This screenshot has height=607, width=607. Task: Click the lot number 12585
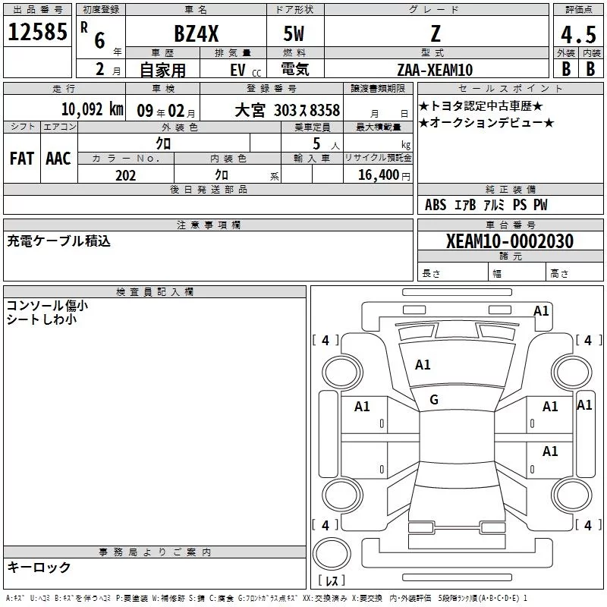(x=37, y=31)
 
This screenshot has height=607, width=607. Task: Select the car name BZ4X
(x=197, y=33)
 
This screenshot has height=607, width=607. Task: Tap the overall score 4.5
(x=578, y=34)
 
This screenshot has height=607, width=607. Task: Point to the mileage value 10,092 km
(x=92, y=109)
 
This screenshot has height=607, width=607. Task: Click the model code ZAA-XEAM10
(x=435, y=70)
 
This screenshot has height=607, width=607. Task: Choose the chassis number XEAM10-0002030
(x=509, y=241)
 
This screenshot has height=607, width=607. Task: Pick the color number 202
(x=125, y=175)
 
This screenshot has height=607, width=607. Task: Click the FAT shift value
(x=22, y=159)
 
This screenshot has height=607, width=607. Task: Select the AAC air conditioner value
(x=58, y=159)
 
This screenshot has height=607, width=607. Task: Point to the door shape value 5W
(x=294, y=33)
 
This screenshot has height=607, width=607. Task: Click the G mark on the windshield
(x=434, y=400)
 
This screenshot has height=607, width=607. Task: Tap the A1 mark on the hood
(x=423, y=365)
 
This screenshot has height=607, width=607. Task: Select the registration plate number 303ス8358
(x=307, y=110)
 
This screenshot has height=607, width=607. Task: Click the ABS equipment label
(x=436, y=205)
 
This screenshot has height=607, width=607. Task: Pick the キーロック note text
(x=39, y=567)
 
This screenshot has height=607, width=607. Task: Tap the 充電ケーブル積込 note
(x=59, y=241)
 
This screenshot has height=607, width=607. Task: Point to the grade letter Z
(x=436, y=33)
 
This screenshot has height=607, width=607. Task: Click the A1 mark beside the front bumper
(x=541, y=311)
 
